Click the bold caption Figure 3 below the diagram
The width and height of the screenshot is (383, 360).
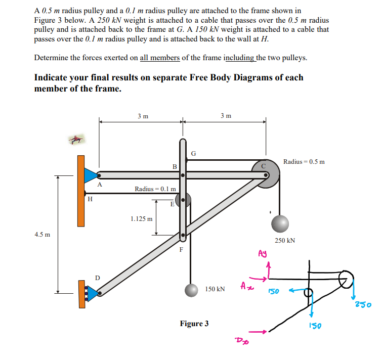[x=194, y=323]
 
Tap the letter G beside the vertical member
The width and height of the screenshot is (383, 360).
[x=193, y=153]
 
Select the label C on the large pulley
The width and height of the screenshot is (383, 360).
[x=263, y=165]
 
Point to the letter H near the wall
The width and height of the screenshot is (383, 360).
[x=90, y=199]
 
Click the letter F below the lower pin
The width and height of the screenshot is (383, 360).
[x=181, y=249]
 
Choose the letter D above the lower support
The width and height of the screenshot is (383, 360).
[x=98, y=278]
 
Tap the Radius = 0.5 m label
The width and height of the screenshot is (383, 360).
[x=304, y=162]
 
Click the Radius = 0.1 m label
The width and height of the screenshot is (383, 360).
[x=155, y=189]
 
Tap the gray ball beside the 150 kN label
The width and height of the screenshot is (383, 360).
[x=191, y=290]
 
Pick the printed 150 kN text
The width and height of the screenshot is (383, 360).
[x=215, y=289]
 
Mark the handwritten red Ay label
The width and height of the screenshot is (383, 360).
[x=262, y=253]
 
